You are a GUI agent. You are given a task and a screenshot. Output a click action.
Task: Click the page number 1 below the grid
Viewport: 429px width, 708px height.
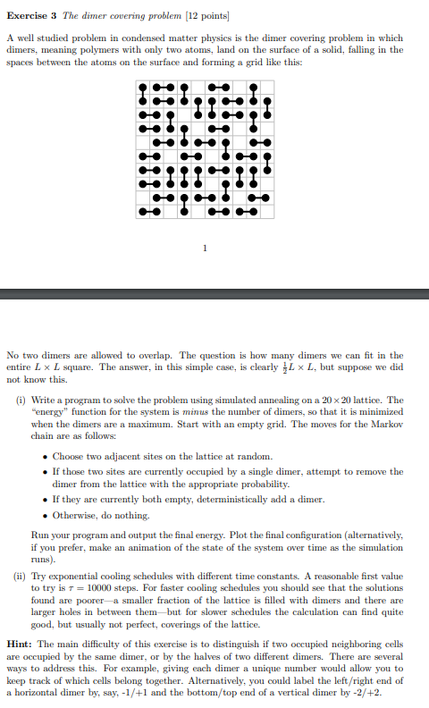205,248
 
